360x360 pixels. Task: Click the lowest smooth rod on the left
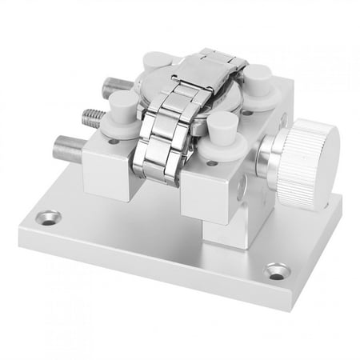click(x=69, y=149)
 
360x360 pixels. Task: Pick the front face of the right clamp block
click(x=206, y=194)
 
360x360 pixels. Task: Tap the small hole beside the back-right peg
click(x=249, y=113)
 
